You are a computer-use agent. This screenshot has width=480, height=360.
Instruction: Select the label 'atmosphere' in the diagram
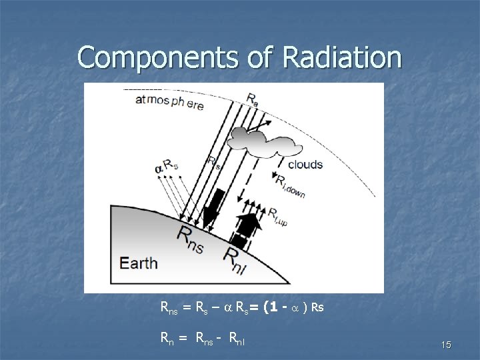click(169, 102)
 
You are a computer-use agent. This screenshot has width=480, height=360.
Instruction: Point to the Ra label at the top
click(253, 99)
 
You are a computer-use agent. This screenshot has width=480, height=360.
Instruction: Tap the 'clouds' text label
click(305, 164)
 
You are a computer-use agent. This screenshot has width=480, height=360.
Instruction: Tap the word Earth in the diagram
click(139, 262)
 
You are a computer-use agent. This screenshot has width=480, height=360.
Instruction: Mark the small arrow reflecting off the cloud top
click(261, 125)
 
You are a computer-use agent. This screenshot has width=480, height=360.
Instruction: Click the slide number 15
click(446, 345)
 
